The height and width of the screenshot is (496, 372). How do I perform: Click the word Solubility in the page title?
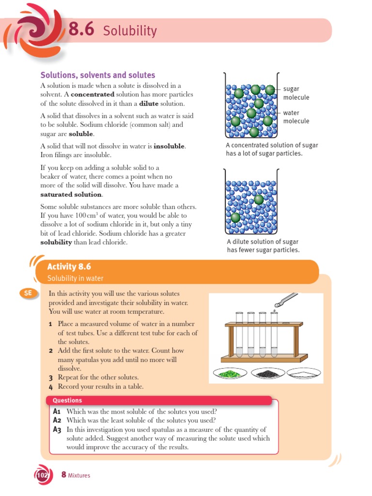(x=130, y=31)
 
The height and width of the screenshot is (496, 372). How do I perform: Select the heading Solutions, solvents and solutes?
(x=97, y=75)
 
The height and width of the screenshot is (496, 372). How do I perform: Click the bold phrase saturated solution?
(x=71, y=195)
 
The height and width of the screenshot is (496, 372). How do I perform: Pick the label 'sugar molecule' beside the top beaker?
(x=295, y=93)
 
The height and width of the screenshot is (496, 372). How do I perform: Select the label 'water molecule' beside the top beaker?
(x=295, y=117)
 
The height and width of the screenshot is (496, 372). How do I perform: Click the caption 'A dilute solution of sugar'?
(x=263, y=242)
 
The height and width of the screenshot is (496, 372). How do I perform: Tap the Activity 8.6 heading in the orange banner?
(x=69, y=267)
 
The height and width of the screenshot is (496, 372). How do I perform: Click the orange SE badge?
(x=28, y=293)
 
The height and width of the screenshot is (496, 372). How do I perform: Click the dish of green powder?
(x=230, y=373)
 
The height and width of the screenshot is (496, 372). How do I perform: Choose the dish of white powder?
(x=303, y=373)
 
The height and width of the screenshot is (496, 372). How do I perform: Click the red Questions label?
(x=67, y=401)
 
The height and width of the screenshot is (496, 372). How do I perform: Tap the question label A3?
(x=57, y=430)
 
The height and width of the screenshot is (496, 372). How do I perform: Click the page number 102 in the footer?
(x=42, y=476)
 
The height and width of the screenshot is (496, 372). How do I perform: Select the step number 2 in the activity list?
(x=50, y=351)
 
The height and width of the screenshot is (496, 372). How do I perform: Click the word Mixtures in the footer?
(x=79, y=476)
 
